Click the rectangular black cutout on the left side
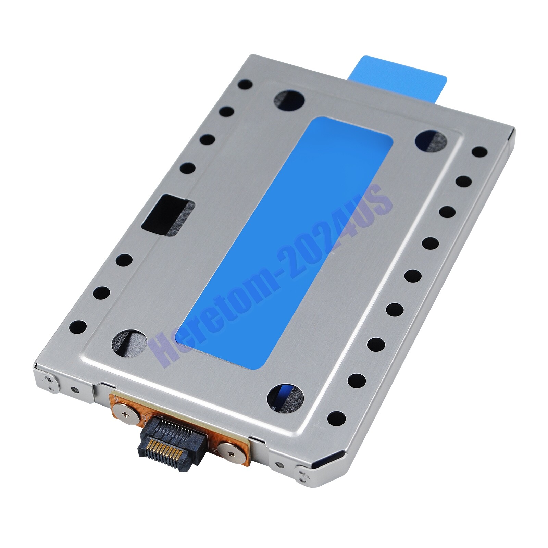point(168,216)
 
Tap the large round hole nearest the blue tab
point(289,101)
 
